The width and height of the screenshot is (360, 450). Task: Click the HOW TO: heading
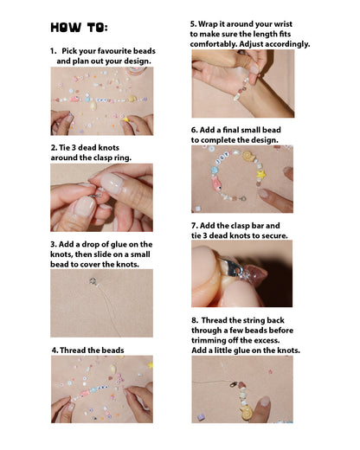tap(79, 28)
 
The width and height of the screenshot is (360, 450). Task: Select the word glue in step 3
tap(116, 244)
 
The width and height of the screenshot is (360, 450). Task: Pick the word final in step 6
tap(232, 130)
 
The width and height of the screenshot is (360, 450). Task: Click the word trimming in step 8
tap(209, 340)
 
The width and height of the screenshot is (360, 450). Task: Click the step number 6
tap(194, 130)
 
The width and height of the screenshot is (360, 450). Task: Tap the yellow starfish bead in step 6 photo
tap(260, 174)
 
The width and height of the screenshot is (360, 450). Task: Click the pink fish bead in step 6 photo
tap(216, 184)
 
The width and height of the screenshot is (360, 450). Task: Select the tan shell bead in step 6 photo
tap(249, 156)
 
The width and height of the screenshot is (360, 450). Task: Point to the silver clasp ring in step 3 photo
tap(93, 280)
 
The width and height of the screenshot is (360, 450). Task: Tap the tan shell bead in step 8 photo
tap(247, 413)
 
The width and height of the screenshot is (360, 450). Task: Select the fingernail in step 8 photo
tap(264, 402)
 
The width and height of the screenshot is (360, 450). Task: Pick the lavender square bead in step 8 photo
tap(201, 417)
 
